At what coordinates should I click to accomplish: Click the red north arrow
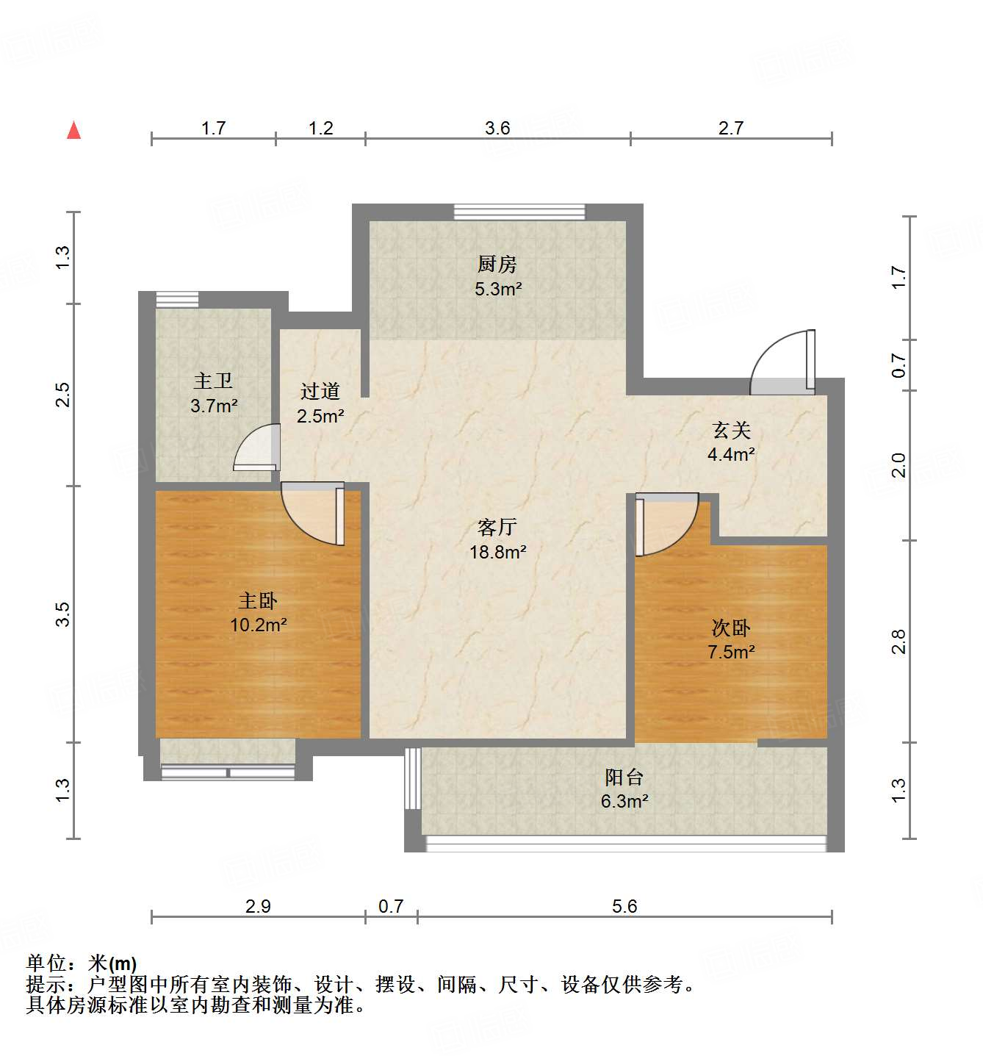point(73,130)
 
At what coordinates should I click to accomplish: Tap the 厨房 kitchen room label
point(497,263)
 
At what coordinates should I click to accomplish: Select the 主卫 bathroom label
point(213,381)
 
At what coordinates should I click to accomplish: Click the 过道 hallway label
point(320,391)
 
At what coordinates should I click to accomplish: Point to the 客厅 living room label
point(497,527)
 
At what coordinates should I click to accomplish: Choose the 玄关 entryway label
point(731,430)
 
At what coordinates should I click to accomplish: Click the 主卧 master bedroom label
point(258,600)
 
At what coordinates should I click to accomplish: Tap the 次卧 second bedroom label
point(731,628)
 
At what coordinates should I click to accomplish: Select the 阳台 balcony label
point(624,777)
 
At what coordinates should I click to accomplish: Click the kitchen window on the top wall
point(519,212)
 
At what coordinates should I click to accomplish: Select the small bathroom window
point(177,299)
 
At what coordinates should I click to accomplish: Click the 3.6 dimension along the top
point(497,129)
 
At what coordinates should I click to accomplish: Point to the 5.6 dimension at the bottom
point(624,906)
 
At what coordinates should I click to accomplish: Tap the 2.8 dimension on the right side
point(899,642)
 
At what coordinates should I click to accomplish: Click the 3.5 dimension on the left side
point(63,614)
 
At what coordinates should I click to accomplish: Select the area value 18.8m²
point(497,552)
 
